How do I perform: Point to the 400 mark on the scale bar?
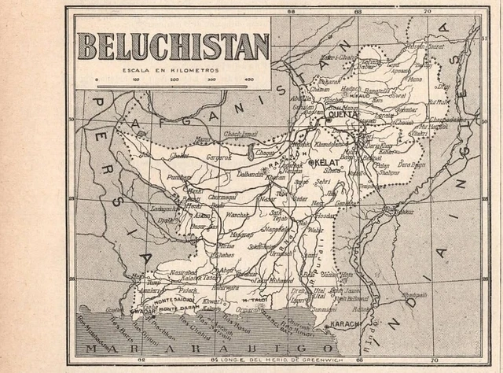click(x=249, y=79)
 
